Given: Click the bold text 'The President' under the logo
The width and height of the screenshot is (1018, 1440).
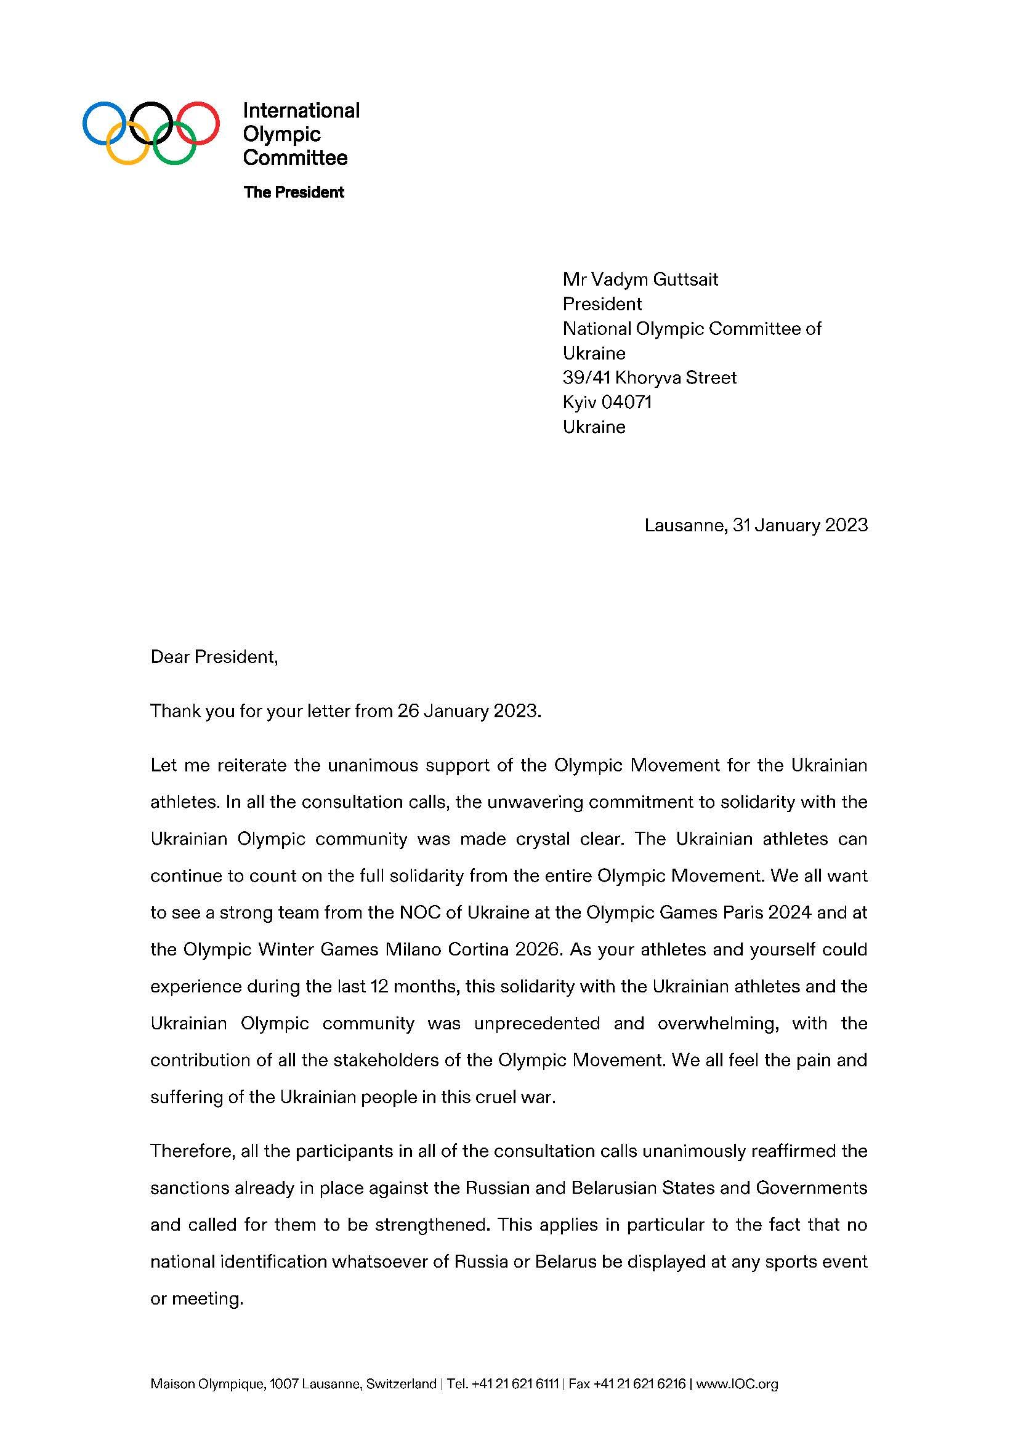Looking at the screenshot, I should pyautogui.click(x=294, y=192).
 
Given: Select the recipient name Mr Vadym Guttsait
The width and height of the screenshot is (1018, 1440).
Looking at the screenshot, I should pyautogui.click(x=640, y=279).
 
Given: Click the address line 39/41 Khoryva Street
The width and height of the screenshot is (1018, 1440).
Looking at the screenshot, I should pyautogui.click(x=649, y=377).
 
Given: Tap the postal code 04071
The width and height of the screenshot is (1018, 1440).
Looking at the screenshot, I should pyautogui.click(x=626, y=402).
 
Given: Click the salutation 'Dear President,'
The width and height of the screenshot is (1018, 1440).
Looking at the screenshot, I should pyautogui.click(x=214, y=657).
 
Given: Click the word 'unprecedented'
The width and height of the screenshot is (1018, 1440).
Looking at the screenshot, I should pyautogui.click(x=538, y=1024).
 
